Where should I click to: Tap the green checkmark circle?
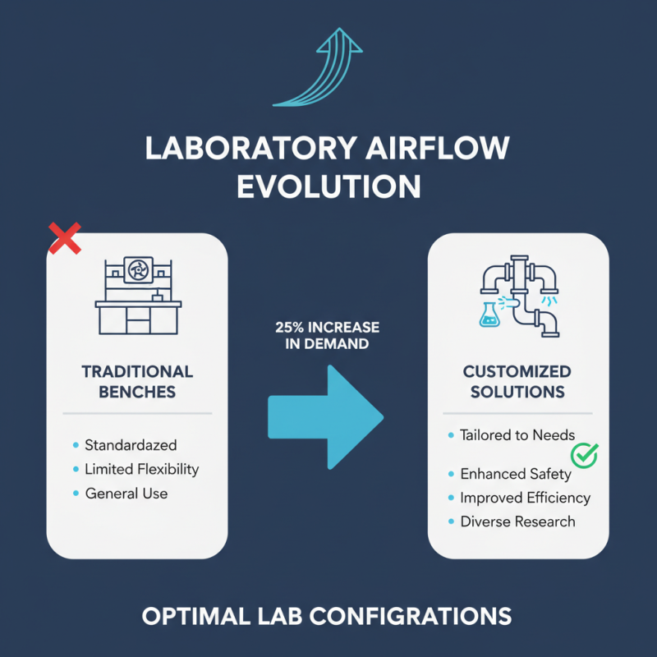585,453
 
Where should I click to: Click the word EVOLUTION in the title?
328,186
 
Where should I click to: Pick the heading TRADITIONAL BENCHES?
137,381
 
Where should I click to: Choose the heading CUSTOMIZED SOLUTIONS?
517,381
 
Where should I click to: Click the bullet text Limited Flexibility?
141,469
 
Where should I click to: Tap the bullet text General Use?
126,494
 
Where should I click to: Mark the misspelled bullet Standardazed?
131,445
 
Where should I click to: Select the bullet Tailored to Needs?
517,434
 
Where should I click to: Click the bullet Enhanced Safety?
516,474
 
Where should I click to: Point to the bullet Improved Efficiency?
525,498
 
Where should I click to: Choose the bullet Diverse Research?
517,521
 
